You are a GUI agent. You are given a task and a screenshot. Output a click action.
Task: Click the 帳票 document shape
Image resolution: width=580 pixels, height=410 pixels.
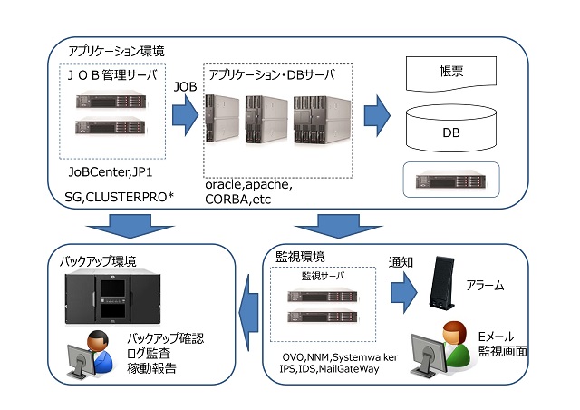451,73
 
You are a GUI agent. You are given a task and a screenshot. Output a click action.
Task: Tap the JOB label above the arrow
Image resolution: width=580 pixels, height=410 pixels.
185,87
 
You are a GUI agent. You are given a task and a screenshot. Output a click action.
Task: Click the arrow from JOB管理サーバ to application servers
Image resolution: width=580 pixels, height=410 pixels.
185,115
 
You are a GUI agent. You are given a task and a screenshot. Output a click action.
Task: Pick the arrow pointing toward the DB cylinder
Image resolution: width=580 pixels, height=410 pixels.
377,115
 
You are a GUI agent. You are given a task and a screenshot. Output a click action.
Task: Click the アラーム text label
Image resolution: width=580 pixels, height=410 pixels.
485,286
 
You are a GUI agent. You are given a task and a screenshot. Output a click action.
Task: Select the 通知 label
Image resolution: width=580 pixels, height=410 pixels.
401,262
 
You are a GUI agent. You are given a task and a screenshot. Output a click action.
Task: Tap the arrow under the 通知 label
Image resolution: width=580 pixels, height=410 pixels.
404,293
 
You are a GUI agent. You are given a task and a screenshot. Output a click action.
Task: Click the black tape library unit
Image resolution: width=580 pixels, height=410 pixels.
112,299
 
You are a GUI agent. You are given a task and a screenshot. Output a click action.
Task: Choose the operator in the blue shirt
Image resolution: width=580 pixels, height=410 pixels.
90,354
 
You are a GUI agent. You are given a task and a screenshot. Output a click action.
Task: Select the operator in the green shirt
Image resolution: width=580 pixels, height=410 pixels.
441,348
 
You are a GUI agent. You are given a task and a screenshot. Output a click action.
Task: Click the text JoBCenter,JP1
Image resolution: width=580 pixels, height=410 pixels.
111,172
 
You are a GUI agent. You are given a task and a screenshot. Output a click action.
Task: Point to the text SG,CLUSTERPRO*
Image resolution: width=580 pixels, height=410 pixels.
119,197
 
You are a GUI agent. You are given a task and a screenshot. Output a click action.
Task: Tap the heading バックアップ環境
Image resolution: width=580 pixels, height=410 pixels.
98,261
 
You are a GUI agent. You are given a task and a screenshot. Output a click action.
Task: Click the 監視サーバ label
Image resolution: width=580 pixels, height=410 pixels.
323,276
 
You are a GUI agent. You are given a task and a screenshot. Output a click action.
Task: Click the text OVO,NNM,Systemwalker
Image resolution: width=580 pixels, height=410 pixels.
340,357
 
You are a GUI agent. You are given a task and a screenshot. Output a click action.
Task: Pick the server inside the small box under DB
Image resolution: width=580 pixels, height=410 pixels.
451,180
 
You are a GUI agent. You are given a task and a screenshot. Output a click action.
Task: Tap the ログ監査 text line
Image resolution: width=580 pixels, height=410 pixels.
149,354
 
